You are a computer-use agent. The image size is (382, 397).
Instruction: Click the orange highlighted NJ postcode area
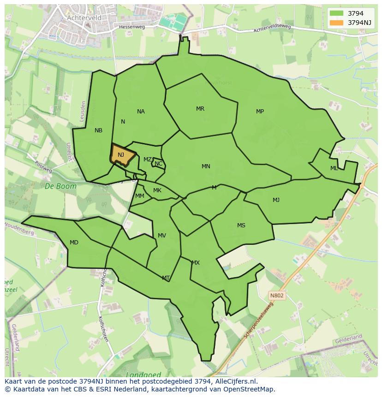[x=122, y=155]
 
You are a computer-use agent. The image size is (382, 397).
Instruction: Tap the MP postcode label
[x=260, y=112]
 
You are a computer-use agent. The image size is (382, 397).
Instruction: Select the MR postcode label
[x=200, y=109]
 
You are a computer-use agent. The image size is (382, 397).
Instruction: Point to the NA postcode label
[x=141, y=112]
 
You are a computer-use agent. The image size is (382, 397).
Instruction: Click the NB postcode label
[x=98, y=130]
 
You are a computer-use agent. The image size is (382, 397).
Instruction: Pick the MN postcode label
[x=206, y=166]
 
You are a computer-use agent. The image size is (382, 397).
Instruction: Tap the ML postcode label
[x=334, y=168]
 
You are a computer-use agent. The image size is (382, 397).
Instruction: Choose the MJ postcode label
[x=276, y=200]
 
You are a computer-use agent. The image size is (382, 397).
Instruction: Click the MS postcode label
[x=241, y=225]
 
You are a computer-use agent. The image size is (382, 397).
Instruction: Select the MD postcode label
[x=74, y=243]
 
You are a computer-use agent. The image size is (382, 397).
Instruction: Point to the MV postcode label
[x=161, y=236]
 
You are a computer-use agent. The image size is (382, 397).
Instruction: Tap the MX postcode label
[x=196, y=263]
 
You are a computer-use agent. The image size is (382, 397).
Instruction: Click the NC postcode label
[x=158, y=164]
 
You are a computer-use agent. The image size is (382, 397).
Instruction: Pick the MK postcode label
[x=157, y=190]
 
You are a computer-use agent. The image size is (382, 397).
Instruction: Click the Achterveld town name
[x=84, y=18]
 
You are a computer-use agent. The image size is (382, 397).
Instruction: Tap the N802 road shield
[x=277, y=295]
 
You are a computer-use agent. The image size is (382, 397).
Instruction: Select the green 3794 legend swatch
[x=337, y=13]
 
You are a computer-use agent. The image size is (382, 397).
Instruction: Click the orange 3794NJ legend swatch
[x=337, y=22]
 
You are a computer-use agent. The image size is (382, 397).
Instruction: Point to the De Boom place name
[x=54, y=186]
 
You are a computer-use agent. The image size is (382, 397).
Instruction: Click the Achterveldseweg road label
[x=272, y=29]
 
